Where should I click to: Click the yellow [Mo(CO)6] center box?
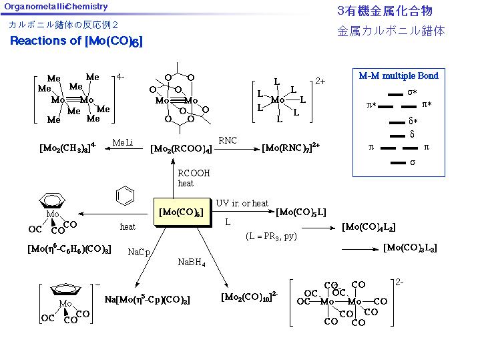point(182,212)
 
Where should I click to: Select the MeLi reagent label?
point(123,142)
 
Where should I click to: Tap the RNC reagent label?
point(228,140)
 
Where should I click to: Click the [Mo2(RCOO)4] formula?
point(181,148)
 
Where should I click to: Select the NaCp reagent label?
point(139,252)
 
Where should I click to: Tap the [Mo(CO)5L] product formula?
point(301,212)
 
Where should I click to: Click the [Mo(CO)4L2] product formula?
point(369,227)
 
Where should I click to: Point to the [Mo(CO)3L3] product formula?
point(410,248)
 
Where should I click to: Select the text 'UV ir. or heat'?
point(242,203)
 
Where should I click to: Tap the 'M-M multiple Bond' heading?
point(399,76)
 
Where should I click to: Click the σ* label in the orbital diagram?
point(413,92)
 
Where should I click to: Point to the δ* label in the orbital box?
point(413,121)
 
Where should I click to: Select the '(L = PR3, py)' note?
point(271,236)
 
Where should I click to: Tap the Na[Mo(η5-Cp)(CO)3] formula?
point(147,300)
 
